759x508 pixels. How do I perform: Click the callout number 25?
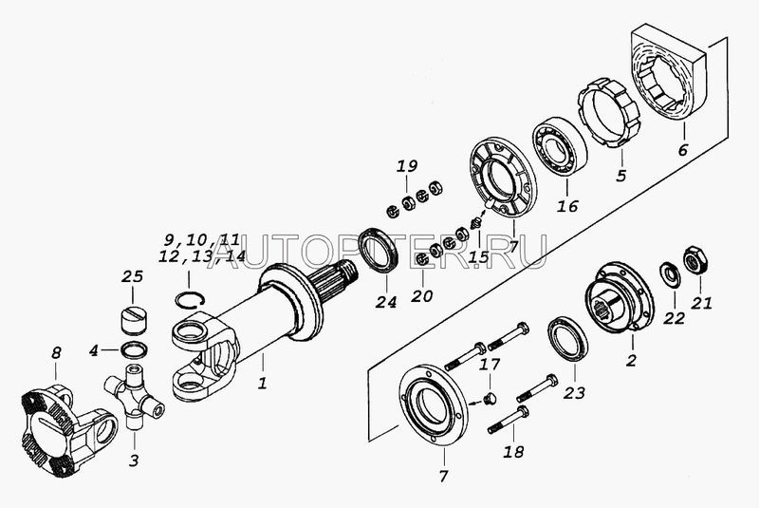132,276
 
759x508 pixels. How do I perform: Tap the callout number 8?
56,353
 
